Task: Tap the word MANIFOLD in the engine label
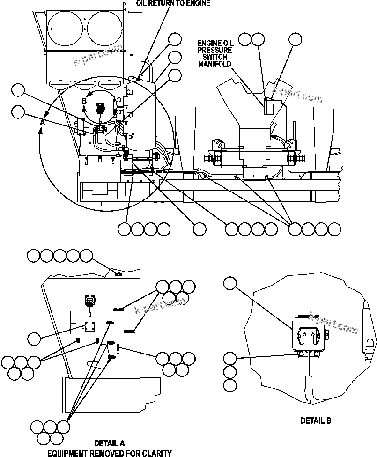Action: (x=215, y=64)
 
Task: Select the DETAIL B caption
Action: (x=315, y=420)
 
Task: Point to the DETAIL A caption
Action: (x=110, y=443)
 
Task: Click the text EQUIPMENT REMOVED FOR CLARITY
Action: (x=109, y=453)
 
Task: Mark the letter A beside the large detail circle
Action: (x=42, y=122)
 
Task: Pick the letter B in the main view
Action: (x=84, y=101)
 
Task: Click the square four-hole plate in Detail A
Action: (x=90, y=327)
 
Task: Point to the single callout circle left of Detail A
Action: (x=34, y=337)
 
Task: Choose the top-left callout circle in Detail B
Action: (x=230, y=283)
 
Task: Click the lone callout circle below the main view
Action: (x=200, y=229)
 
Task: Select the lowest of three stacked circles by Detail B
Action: (x=230, y=385)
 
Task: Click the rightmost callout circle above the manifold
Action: (x=295, y=39)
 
